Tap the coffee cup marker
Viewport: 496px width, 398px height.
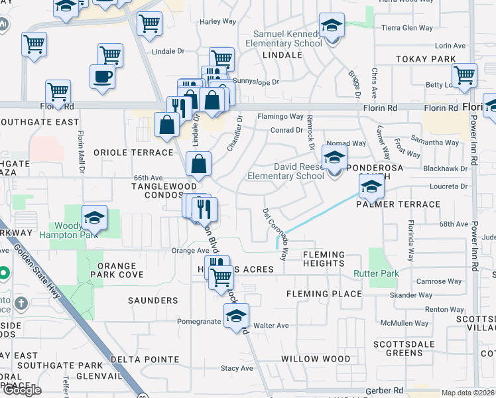102,77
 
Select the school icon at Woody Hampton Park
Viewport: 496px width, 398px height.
94,218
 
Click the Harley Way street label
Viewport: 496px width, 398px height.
218,21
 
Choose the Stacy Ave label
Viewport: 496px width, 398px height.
237,368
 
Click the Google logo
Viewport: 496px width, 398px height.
22,390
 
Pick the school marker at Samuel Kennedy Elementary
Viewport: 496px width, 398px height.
332,27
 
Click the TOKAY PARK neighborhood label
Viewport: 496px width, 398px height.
426,59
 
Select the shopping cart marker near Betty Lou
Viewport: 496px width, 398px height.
465,76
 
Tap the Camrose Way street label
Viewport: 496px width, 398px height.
439,282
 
